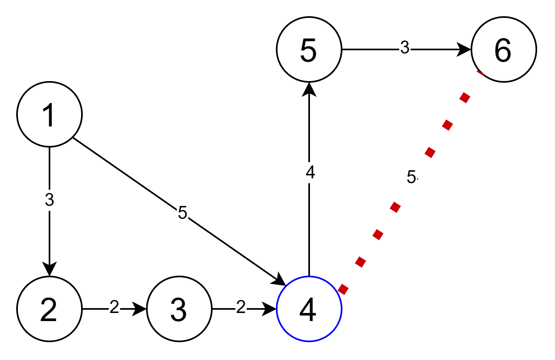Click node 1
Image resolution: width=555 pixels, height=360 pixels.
point(49,114)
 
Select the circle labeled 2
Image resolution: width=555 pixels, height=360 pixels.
point(49,309)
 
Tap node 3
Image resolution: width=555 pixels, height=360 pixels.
point(179,309)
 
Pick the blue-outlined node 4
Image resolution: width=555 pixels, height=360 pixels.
point(309,309)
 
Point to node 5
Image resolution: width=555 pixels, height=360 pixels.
point(309,49)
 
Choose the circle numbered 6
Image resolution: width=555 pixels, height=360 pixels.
point(504,49)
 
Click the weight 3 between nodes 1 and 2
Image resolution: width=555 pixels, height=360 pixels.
point(49,200)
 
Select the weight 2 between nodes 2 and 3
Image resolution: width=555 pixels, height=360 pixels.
point(114,307)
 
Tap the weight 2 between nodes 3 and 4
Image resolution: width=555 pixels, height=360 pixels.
point(241,307)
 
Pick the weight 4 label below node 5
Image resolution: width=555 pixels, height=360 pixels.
point(311,173)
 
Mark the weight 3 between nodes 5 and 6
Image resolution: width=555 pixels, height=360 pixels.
point(405,48)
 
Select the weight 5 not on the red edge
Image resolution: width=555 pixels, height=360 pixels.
point(183,213)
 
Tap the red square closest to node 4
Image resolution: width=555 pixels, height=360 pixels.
point(343,289)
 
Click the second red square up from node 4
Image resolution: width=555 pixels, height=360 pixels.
point(360,262)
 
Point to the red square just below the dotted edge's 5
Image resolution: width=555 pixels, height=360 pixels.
point(395,207)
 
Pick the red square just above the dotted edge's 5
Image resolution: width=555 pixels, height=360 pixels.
point(430,152)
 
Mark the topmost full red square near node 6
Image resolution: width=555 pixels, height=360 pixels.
point(465,98)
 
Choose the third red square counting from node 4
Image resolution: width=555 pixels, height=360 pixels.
point(378,234)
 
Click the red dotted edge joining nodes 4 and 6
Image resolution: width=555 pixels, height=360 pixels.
point(447,125)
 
